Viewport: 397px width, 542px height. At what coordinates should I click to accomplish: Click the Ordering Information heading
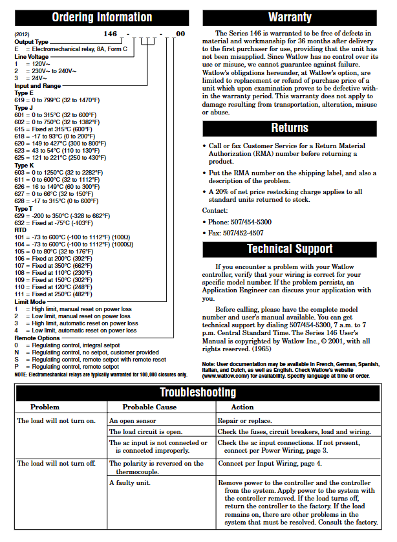click(102, 17)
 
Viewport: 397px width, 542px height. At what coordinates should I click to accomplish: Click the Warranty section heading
click(289, 17)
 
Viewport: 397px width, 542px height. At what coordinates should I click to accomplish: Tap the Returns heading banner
click(289, 128)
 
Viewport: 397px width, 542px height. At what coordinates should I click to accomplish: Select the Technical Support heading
click(289, 249)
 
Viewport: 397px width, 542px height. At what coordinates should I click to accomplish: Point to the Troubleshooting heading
click(198, 393)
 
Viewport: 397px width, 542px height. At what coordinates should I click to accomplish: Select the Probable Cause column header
click(149, 407)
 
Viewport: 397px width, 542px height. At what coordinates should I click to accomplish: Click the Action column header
click(242, 407)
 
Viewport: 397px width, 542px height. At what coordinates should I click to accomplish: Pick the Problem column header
click(45, 407)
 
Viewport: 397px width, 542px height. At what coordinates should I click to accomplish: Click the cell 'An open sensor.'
click(131, 420)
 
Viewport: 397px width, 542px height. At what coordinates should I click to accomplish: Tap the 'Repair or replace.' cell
click(244, 420)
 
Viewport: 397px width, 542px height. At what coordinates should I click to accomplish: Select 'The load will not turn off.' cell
click(56, 464)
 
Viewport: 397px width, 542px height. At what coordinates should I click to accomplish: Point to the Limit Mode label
click(30, 302)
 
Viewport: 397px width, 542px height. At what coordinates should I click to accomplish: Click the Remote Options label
click(37, 338)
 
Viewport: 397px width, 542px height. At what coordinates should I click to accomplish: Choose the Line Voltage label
click(31, 57)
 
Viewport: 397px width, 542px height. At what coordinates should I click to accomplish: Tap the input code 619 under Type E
click(19, 100)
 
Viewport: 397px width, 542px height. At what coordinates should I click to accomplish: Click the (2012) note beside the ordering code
click(21, 34)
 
